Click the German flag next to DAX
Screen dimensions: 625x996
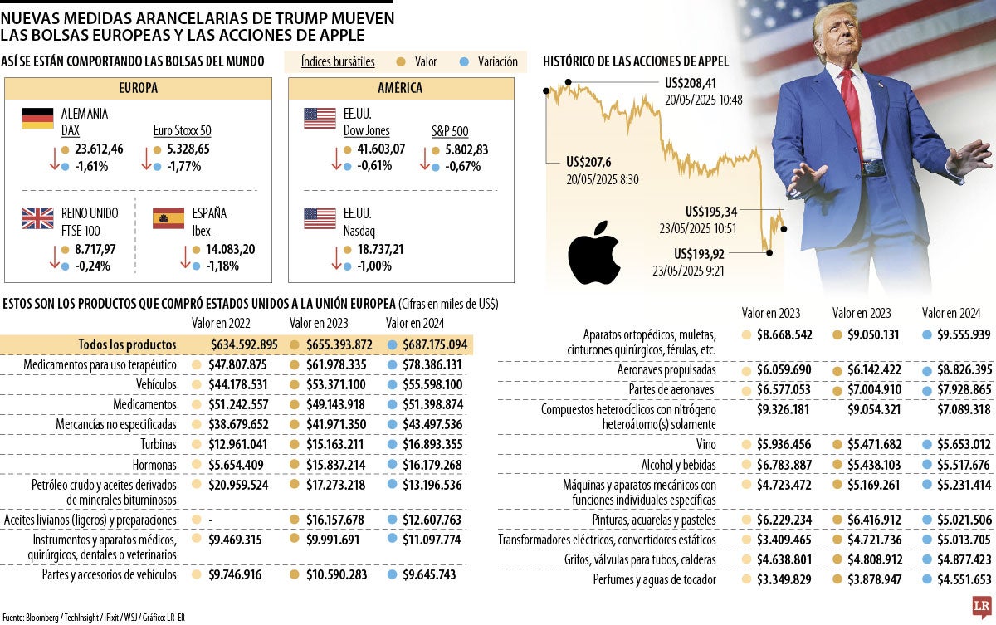click(x=37, y=118)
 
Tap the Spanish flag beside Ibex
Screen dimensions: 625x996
click(x=168, y=217)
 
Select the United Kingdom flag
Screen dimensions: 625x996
click(x=37, y=217)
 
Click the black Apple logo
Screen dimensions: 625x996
click(x=594, y=251)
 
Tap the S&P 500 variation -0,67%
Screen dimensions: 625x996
click(x=463, y=166)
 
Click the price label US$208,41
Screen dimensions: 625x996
click(x=691, y=84)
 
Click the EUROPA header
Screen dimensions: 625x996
click(x=139, y=88)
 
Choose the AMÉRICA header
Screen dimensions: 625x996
click(x=400, y=88)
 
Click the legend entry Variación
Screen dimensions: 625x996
click(x=497, y=61)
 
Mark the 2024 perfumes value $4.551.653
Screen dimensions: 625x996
click(x=957, y=580)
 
